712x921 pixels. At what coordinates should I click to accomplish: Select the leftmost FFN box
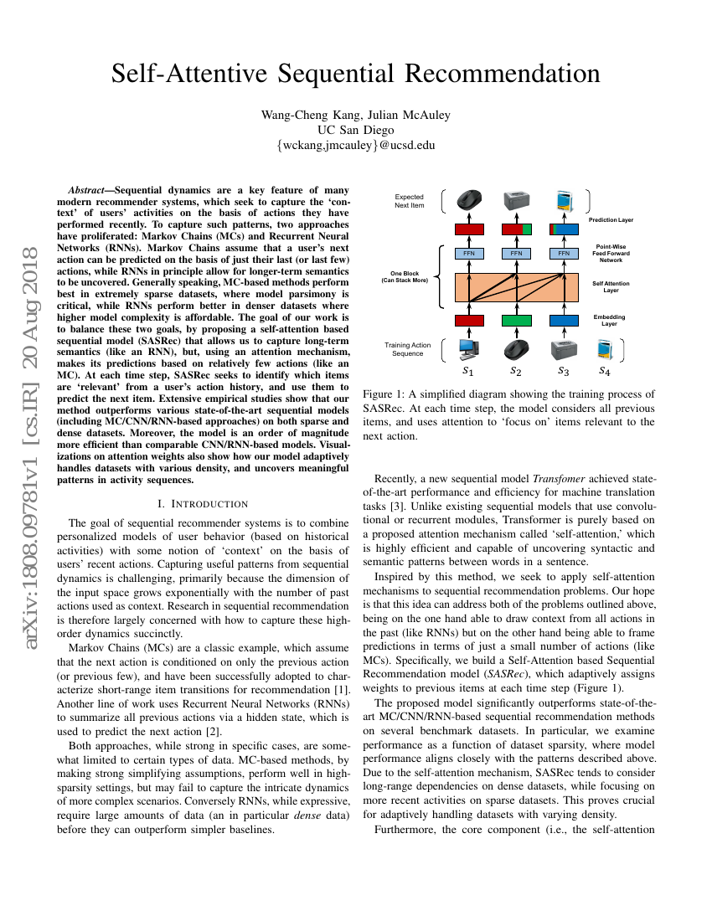tap(469, 253)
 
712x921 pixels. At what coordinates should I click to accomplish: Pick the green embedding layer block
tap(516, 320)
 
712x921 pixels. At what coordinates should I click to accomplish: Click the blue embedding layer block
tap(564, 320)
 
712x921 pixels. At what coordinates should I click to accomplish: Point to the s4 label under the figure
tap(604, 370)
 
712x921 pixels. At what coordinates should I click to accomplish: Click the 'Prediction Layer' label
tap(611, 220)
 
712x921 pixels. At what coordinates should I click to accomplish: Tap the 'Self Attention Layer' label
tap(611, 287)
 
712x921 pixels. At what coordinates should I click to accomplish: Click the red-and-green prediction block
tap(516, 229)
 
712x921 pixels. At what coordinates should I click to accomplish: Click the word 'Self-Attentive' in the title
tap(199, 74)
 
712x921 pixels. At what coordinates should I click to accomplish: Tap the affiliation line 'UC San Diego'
tap(355, 130)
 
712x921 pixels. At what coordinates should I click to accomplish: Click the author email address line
tap(355, 145)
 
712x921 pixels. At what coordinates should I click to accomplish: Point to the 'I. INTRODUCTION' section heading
tap(203, 503)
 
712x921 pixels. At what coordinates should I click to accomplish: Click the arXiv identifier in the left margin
tap(31, 402)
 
